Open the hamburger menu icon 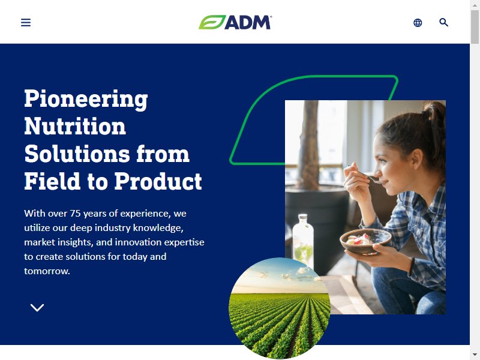coord(26,22)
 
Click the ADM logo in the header coord(235,22)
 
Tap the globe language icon coord(418,23)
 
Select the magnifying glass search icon coord(443,22)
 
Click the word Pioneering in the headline coord(86,99)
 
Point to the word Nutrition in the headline coord(75,126)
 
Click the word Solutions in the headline coord(77,154)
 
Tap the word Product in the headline coord(158,181)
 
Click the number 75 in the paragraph coord(75,214)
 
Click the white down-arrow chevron coord(37,308)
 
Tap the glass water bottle coord(303,241)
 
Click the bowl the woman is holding coord(365,241)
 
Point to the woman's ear coord(417,158)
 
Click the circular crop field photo coord(280,308)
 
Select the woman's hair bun coord(434,110)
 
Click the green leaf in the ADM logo coord(212,22)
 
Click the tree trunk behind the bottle coord(308,144)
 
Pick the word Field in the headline coord(52,181)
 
